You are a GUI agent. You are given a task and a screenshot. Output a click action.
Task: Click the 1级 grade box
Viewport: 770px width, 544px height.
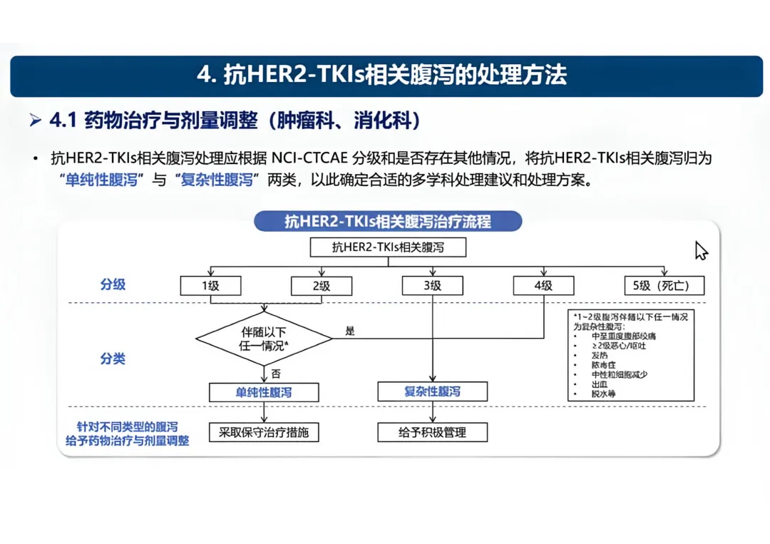click(210, 286)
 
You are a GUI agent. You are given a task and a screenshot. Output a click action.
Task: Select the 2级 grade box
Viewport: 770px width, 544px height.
click(322, 286)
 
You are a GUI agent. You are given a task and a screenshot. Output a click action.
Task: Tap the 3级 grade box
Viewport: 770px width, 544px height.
click(432, 286)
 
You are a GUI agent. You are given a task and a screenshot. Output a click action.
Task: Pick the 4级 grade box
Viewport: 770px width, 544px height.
click(543, 286)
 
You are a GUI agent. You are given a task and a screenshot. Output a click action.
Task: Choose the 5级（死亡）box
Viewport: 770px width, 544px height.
click(664, 286)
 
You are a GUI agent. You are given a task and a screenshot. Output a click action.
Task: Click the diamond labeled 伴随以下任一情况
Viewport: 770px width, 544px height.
click(264, 339)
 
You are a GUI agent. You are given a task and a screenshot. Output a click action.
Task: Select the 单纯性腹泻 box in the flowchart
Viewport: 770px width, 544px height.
click(264, 391)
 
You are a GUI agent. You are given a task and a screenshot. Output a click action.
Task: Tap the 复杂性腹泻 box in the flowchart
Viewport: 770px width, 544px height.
click(432, 391)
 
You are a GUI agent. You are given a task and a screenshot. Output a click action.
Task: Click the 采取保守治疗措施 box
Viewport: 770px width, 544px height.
click(264, 432)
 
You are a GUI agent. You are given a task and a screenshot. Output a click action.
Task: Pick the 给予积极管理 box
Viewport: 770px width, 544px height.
click(432, 432)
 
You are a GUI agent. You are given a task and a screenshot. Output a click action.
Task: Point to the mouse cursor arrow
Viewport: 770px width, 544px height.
click(701, 250)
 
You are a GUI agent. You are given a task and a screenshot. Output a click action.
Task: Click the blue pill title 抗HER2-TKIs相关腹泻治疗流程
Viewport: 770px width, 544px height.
click(388, 221)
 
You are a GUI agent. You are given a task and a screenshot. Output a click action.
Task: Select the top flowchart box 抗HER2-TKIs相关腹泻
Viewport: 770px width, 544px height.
click(388, 248)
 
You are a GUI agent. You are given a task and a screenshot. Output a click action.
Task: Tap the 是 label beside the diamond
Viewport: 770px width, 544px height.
click(350, 331)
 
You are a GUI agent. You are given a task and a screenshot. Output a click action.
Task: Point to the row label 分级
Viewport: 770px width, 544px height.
click(113, 284)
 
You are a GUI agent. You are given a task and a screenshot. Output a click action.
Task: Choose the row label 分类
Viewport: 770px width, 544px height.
click(113, 359)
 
